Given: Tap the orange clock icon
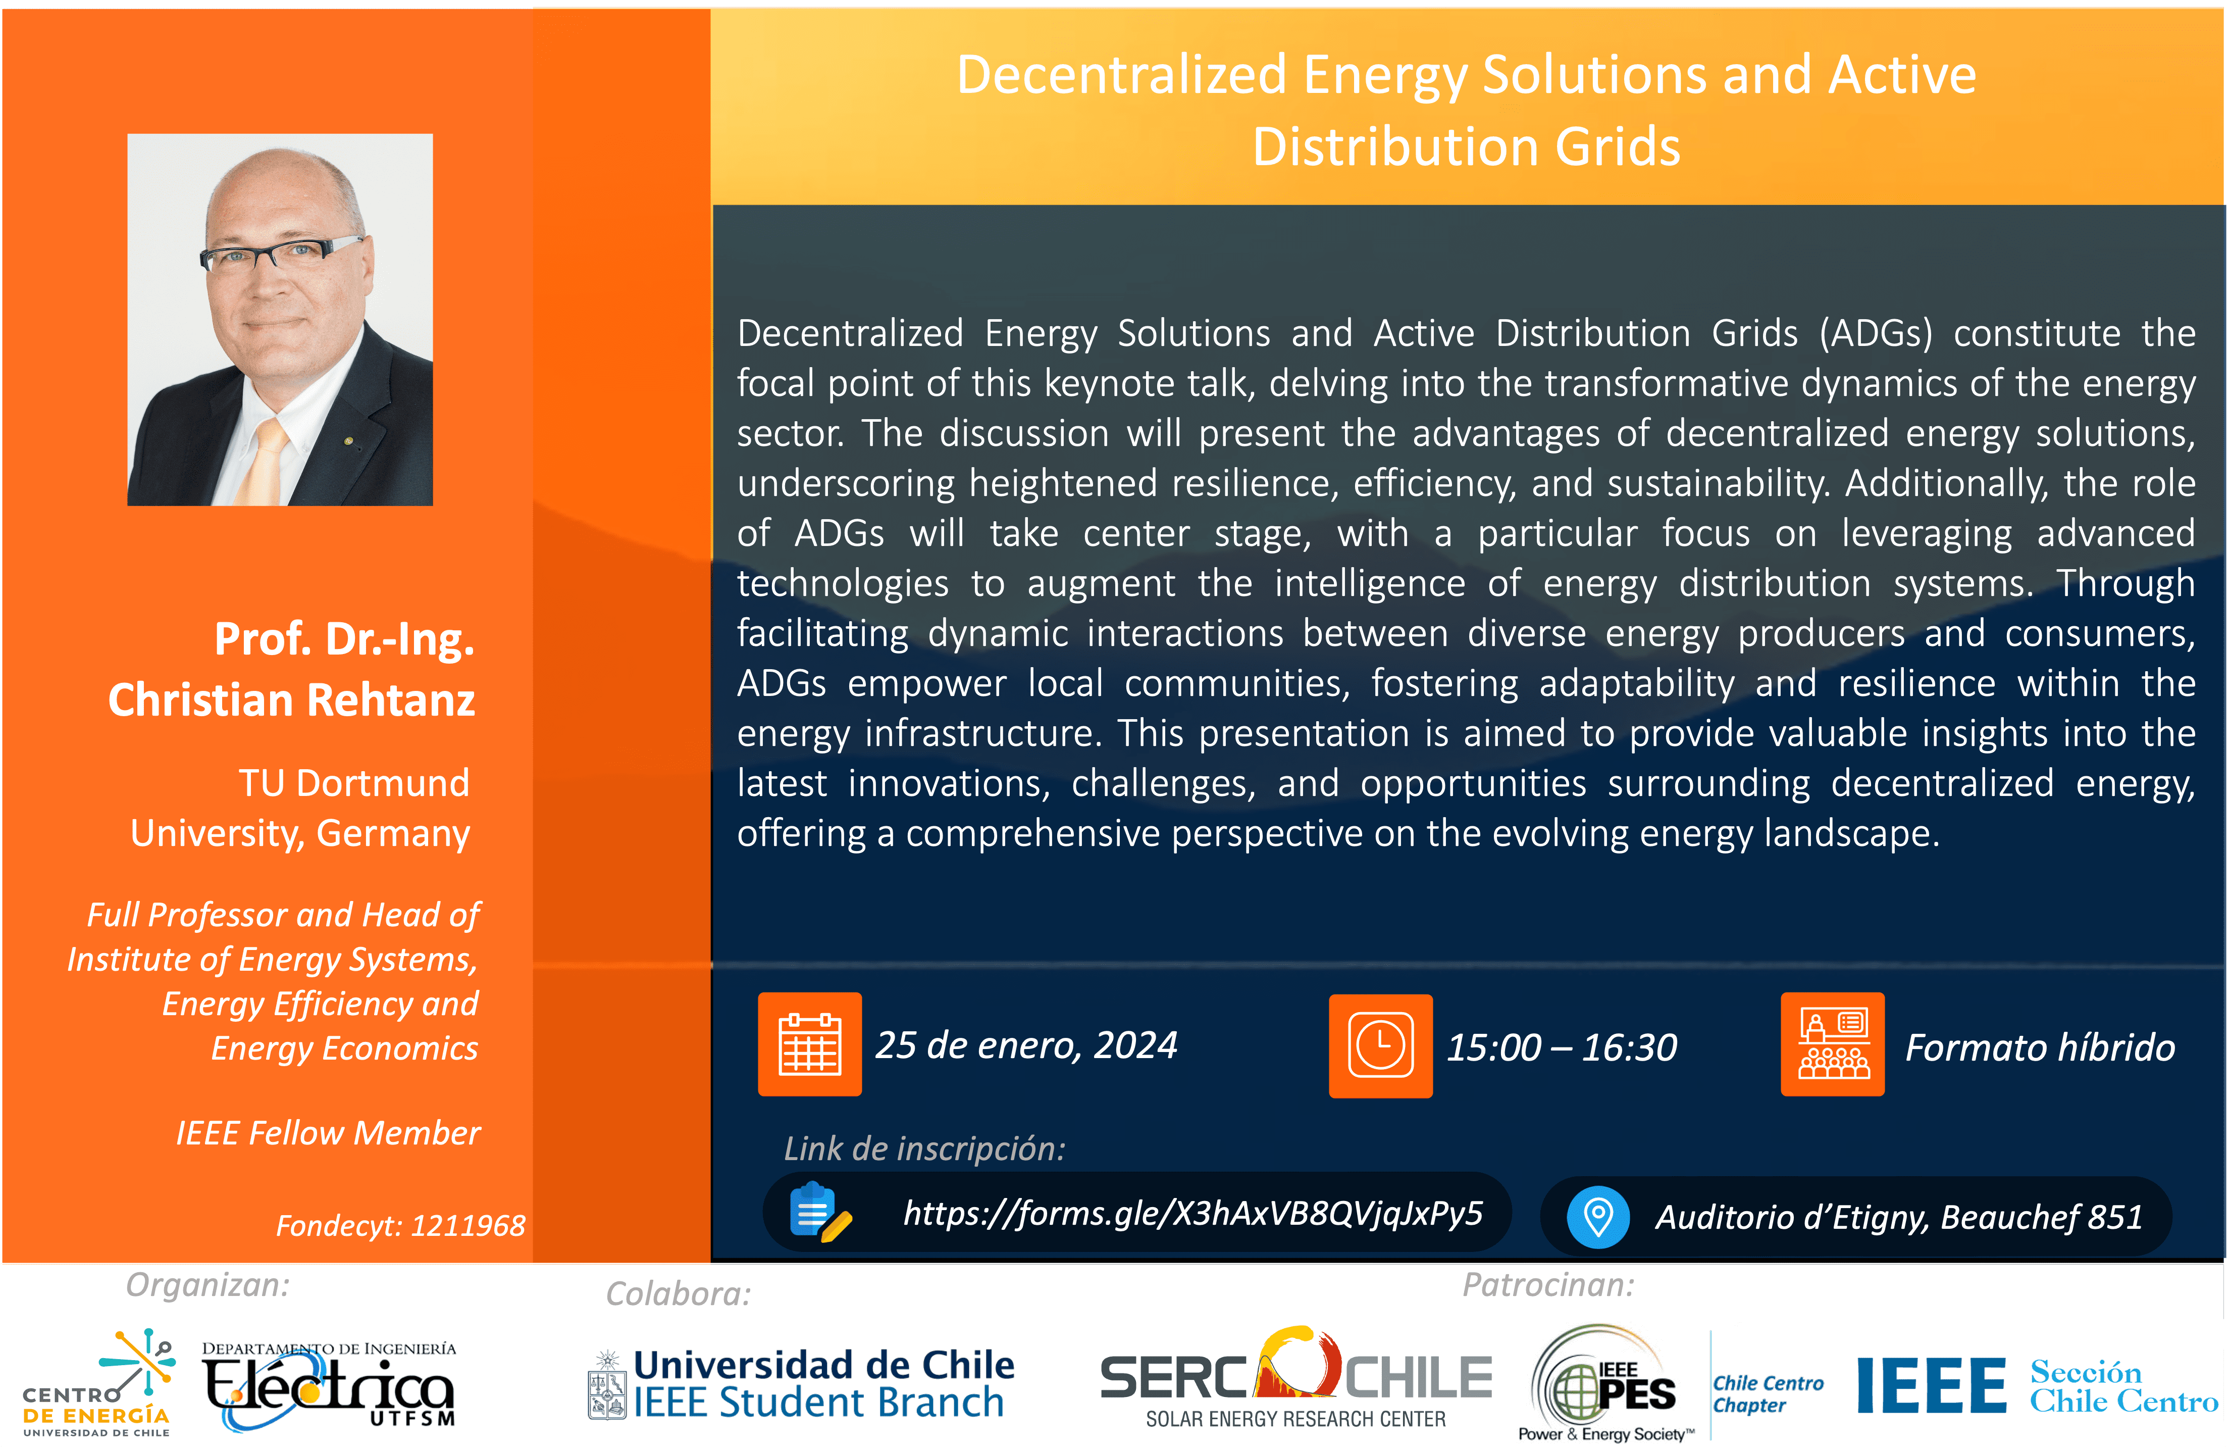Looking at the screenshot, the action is (x=1381, y=1045).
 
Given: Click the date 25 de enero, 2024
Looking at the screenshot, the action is (x=1026, y=1045).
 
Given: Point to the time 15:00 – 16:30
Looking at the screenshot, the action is (x=1562, y=1047).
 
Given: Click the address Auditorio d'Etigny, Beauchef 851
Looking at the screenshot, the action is (x=1899, y=1218).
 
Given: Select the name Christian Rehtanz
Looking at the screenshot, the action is (x=291, y=699).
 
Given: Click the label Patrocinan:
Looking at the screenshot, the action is (x=1548, y=1285).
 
